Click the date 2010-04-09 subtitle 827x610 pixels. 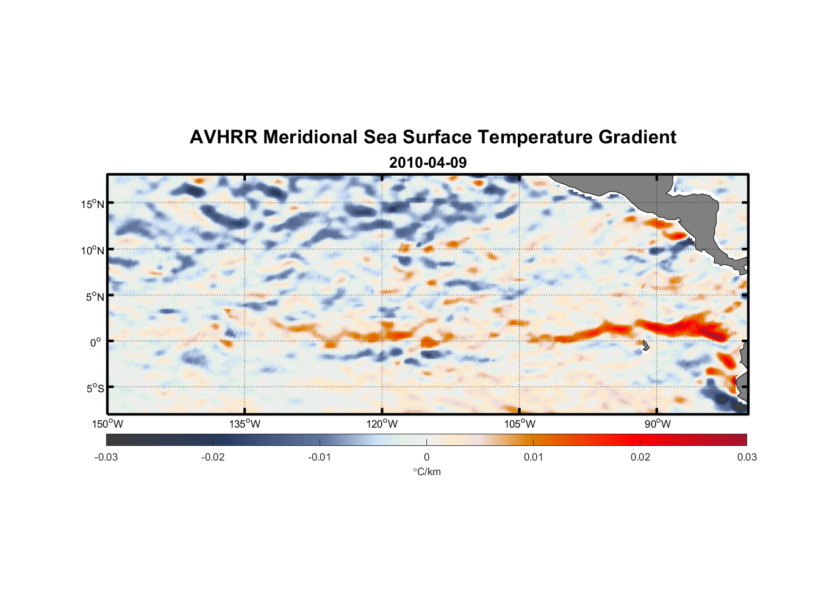[428, 163]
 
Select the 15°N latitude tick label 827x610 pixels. [92, 204]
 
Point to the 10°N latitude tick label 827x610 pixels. [92, 250]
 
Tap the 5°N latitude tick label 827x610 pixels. [94, 296]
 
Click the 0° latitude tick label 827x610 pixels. [96, 342]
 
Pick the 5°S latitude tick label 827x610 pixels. [94, 389]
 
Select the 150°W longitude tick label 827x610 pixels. [107, 424]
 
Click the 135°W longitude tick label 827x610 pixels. [245, 424]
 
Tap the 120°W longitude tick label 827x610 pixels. [382, 424]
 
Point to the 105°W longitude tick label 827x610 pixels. [520, 424]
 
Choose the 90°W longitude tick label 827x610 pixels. [657, 424]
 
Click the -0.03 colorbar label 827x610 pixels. [106, 457]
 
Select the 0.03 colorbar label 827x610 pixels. [746, 457]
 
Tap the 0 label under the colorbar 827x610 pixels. [426, 457]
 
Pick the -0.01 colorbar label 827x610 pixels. [320, 457]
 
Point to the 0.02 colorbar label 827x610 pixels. [640, 457]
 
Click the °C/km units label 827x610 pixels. [426, 472]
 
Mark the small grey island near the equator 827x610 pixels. [645, 346]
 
